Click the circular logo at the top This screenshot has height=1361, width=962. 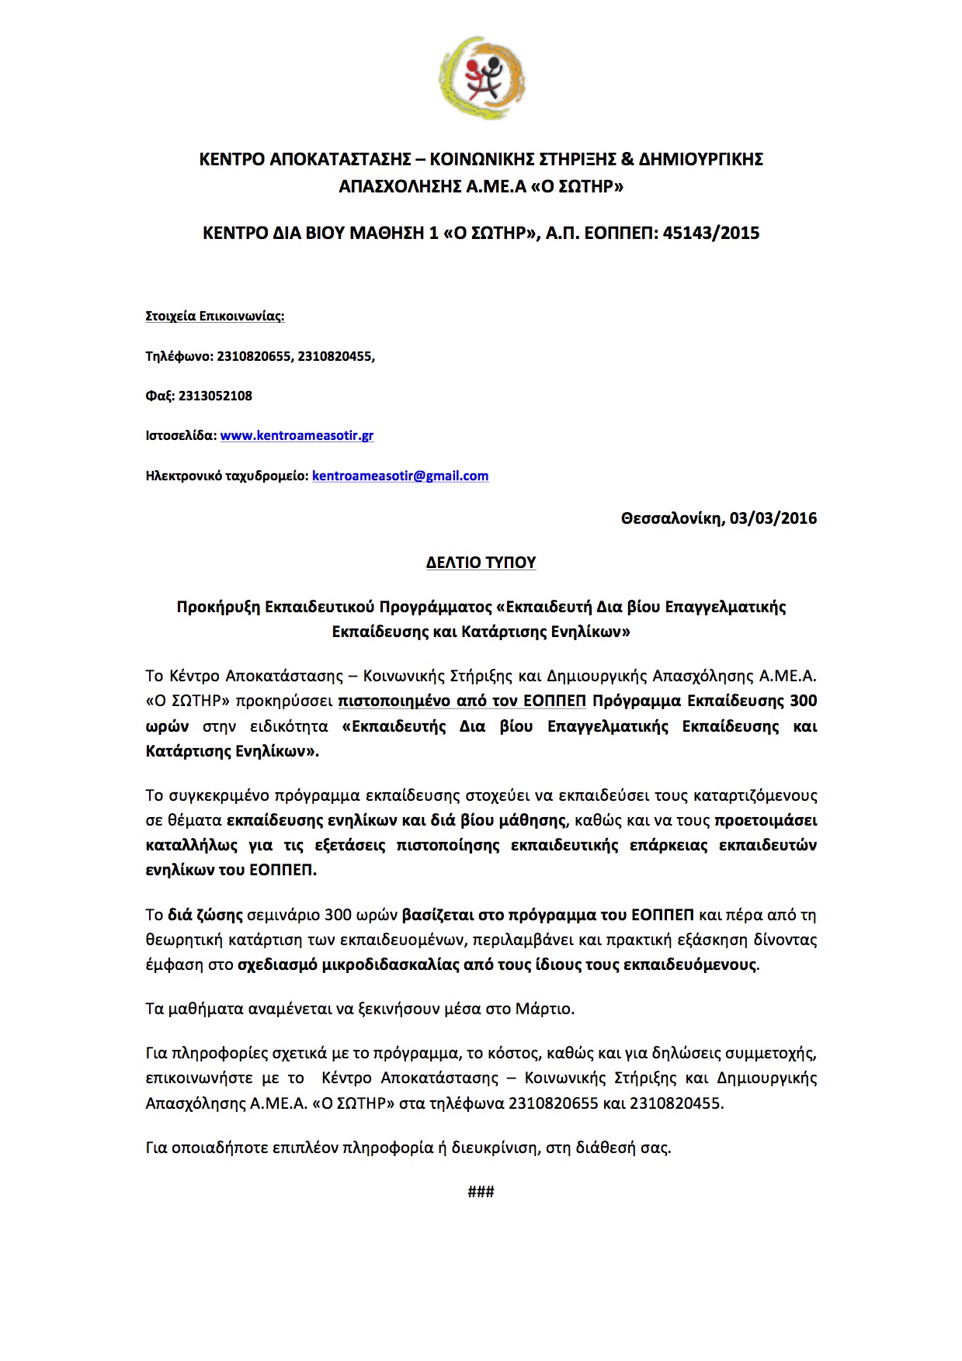click(481, 78)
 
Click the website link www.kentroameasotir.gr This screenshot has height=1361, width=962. click(297, 435)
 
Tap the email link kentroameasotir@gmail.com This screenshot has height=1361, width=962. click(400, 476)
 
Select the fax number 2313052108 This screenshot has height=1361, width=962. click(215, 396)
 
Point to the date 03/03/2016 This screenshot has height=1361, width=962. click(773, 518)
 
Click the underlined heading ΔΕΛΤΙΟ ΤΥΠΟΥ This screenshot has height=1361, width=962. click(481, 563)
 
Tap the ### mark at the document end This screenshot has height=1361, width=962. click(481, 1191)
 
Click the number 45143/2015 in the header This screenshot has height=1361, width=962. click(710, 233)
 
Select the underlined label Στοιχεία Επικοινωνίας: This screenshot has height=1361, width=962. click(215, 316)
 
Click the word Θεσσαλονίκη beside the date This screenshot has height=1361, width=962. click(672, 518)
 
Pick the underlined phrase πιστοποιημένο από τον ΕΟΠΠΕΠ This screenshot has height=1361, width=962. click(462, 701)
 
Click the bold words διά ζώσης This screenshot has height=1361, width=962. click(205, 915)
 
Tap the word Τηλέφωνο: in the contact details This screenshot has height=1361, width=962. click(179, 356)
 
